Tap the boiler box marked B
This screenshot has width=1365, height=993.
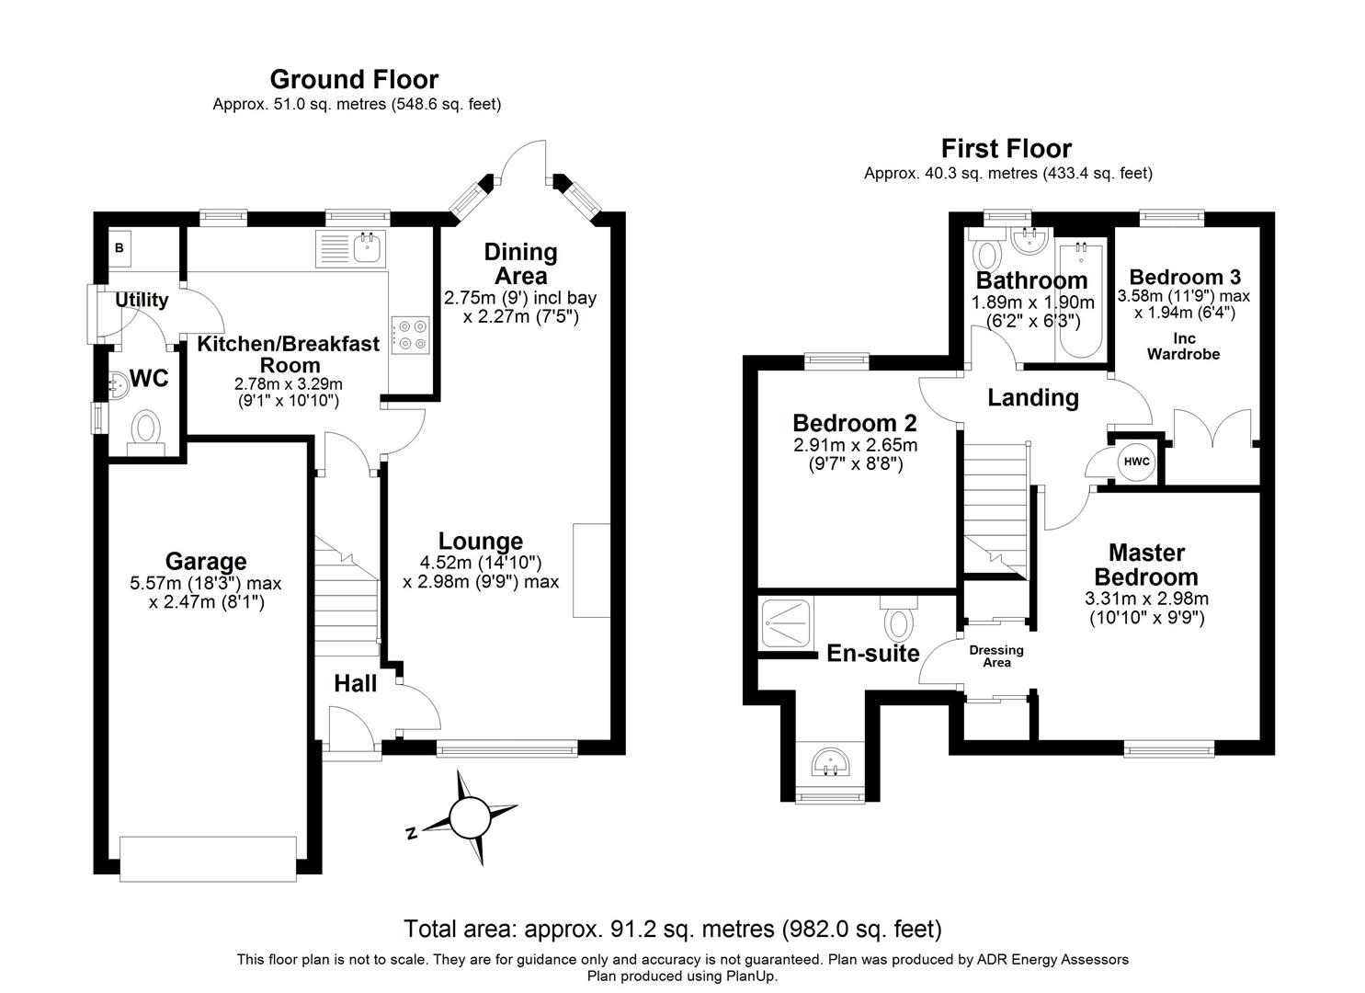[119, 247]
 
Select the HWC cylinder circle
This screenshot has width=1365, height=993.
[1136, 462]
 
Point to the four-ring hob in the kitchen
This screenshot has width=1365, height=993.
[411, 335]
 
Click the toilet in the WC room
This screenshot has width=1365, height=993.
[146, 429]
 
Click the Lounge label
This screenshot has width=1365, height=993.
[481, 542]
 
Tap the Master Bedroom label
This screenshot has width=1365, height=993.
[1146, 565]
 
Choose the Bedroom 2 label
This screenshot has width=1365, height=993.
[855, 423]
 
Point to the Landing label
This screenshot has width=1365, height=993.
[1032, 397]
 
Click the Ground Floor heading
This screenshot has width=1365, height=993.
[354, 79]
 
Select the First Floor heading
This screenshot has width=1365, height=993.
[1006, 148]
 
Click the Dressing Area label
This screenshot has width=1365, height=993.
[996, 656]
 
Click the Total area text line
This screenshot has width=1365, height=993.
[673, 929]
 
